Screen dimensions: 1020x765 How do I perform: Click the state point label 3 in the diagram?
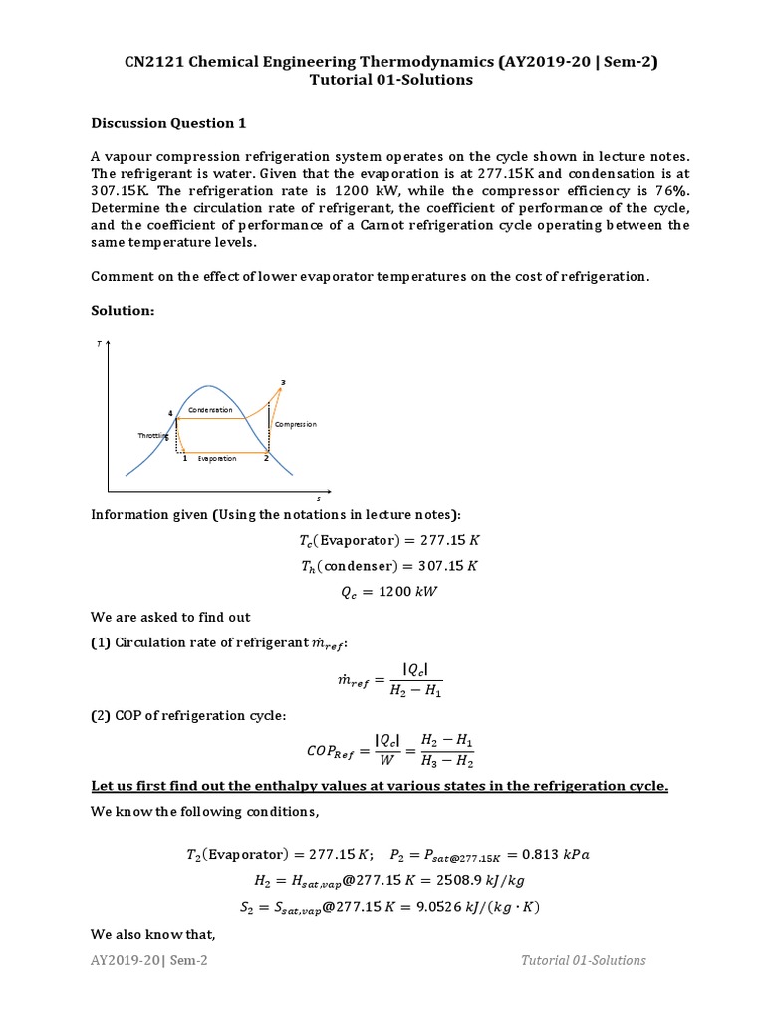point(284,382)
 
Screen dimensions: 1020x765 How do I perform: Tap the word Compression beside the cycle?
point(295,424)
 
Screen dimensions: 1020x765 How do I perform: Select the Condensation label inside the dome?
point(210,410)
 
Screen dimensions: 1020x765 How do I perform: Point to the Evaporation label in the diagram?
point(217,458)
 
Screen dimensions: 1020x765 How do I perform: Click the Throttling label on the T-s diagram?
point(152,436)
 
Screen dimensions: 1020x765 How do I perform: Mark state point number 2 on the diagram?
point(266,458)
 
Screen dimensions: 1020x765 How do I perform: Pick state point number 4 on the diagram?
point(170,413)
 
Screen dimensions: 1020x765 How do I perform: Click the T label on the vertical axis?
point(99,343)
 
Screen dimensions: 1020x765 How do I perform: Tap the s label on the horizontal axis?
point(318,498)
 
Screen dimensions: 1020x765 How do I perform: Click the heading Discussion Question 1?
point(167,123)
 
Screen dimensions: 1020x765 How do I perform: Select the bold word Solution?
point(123,312)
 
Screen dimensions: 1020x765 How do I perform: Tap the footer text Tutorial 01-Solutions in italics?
point(584,960)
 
